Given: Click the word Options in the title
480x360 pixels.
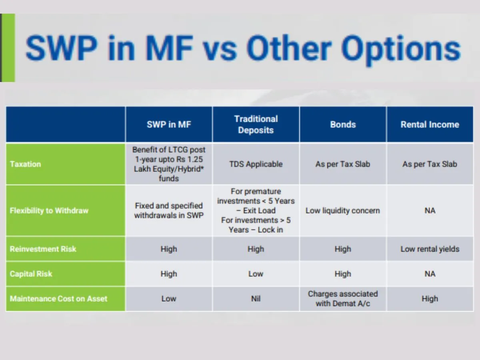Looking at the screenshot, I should (x=401, y=49).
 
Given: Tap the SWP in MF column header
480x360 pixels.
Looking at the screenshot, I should (x=169, y=124).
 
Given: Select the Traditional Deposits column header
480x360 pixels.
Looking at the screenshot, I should (x=256, y=124).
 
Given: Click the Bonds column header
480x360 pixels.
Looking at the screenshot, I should (x=343, y=124).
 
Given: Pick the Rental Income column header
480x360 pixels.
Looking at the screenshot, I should (x=430, y=124).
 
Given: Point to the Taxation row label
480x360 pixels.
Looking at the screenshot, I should (x=26, y=164).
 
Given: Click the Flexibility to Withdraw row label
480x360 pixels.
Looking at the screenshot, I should (x=49, y=210).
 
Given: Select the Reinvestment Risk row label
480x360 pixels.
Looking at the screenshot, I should (x=43, y=249).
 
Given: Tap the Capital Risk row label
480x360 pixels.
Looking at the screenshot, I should (x=31, y=274).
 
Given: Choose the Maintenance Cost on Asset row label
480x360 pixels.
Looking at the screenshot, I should (x=58, y=298).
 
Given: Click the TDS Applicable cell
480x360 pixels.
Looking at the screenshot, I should (x=256, y=164).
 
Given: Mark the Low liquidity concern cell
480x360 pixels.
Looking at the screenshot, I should (x=343, y=210).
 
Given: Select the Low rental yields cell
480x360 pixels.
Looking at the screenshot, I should (x=430, y=249).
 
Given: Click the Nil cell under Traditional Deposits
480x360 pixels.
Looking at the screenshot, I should (x=256, y=298).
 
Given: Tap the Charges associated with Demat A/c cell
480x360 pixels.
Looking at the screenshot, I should (x=343, y=298).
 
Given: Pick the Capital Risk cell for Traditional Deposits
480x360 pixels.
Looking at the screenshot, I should (x=256, y=274).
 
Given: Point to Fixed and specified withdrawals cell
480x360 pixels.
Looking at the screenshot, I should (x=169, y=210).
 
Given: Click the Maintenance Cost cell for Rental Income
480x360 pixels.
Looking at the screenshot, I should (x=430, y=298).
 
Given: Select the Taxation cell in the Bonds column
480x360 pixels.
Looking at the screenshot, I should (x=343, y=164).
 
